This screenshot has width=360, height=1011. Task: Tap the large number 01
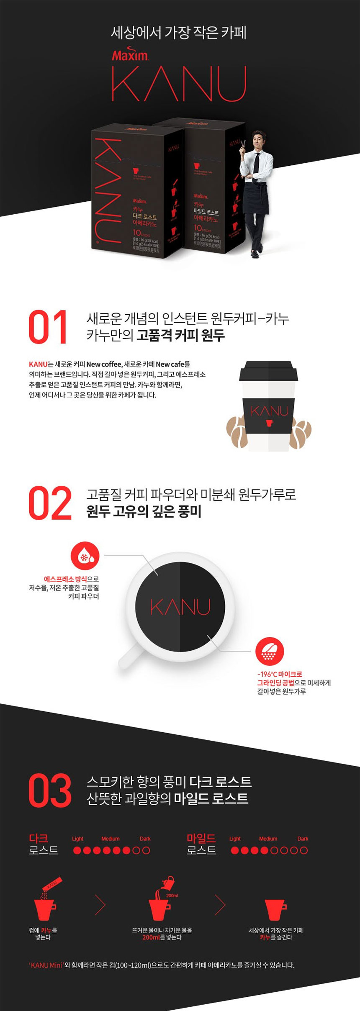pyautogui.click(x=48, y=328)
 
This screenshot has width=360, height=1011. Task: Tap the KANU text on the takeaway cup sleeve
pyautogui.click(x=269, y=411)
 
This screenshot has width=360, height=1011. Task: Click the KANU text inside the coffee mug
pyautogui.click(x=180, y=607)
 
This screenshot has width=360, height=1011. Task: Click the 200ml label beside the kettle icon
pyautogui.click(x=172, y=895)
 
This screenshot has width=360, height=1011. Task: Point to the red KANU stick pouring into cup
pyautogui.click(x=50, y=885)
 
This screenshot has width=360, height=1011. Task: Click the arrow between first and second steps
pyautogui.click(x=100, y=906)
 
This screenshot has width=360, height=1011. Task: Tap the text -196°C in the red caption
pyautogui.click(x=267, y=675)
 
